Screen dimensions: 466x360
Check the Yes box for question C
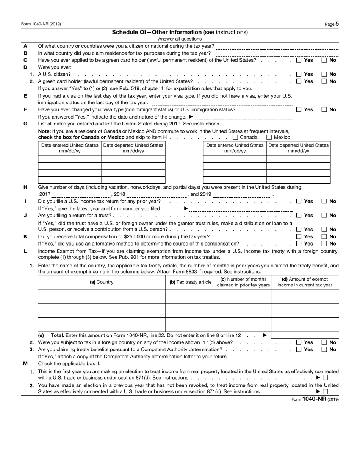click(x=299, y=60)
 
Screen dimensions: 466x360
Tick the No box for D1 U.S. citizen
click(x=325, y=74)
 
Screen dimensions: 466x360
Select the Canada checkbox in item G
click(x=235, y=138)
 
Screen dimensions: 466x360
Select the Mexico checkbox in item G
click(x=269, y=138)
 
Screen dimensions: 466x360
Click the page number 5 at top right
click(x=337, y=24)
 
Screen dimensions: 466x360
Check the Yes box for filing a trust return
click(x=299, y=216)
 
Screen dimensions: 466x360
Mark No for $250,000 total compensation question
click(x=325, y=237)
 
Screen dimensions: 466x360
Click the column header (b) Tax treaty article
click(x=190, y=282)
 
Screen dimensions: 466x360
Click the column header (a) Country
click(x=101, y=282)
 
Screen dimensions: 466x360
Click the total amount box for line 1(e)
click(x=305, y=335)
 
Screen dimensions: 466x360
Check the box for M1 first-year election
click(x=325, y=378)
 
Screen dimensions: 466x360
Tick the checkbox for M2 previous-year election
click(x=325, y=392)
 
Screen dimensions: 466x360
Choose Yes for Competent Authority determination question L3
click(x=299, y=350)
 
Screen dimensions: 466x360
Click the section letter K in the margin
click(x=25, y=236)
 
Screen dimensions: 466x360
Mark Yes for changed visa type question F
click(x=299, y=110)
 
